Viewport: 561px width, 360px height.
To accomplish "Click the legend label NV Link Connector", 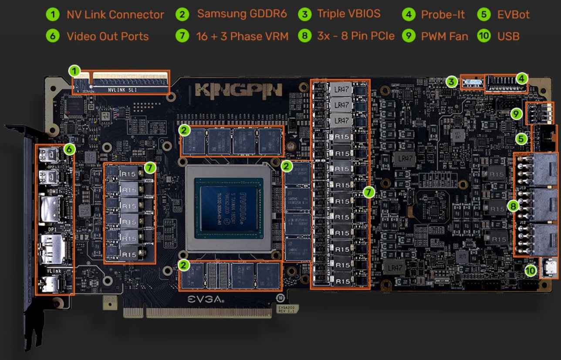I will pyautogui.click(x=115, y=14).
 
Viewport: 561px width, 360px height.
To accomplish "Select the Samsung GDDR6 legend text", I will pyautogui.click(x=242, y=13).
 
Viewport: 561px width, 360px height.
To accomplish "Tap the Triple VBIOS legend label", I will pyautogui.click(x=348, y=13).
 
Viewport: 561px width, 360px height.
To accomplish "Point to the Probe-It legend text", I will pyautogui.click(x=443, y=14).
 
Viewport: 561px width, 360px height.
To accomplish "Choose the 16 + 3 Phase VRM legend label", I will pyautogui.click(x=241, y=36).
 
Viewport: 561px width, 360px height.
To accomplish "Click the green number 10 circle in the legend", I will pyautogui.click(x=484, y=36).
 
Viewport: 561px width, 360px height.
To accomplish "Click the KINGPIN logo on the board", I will pyautogui.click(x=239, y=90).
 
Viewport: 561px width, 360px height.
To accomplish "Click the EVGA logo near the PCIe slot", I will pyautogui.click(x=206, y=299).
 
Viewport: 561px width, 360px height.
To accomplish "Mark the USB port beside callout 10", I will pyautogui.click(x=549, y=268).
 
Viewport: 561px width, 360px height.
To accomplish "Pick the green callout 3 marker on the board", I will pyautogui.click(x=452, y=81).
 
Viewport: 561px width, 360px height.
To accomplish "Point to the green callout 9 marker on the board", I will pyautogui.click(x=516, y=114).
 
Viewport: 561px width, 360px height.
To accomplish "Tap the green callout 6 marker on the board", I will pyautogui.click(x=69, y=149).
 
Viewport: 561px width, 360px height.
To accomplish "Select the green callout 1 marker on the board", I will pyautogui.click(x=75, y=71).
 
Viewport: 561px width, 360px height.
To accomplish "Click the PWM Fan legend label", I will pyautogui.click(x=444, y=36).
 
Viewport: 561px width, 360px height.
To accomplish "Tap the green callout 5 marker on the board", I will pyautogui.click(x=520, y=139).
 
